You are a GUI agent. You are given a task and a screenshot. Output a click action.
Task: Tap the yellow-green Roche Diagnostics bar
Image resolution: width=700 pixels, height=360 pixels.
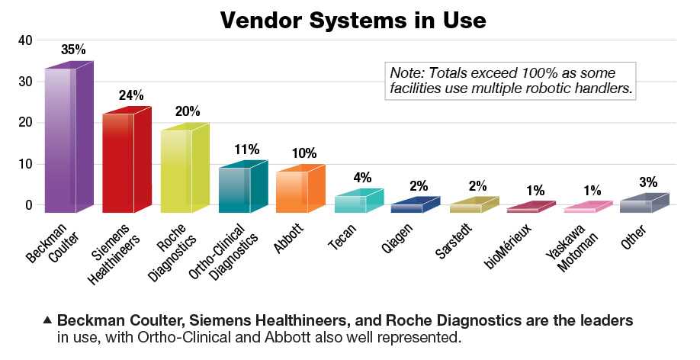180,171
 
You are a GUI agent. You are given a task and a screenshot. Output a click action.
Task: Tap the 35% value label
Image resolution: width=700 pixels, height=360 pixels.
73,49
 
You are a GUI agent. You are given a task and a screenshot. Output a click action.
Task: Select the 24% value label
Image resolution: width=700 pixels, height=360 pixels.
131,95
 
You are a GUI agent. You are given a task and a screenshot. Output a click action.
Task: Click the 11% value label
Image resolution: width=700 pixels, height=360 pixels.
247,149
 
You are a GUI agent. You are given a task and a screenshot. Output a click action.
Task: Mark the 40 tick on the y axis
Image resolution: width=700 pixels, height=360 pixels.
25,40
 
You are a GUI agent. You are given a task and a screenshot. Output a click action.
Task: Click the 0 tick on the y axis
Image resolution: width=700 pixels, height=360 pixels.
29,204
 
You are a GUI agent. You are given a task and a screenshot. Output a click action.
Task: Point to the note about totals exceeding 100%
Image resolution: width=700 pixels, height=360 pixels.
512,81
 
